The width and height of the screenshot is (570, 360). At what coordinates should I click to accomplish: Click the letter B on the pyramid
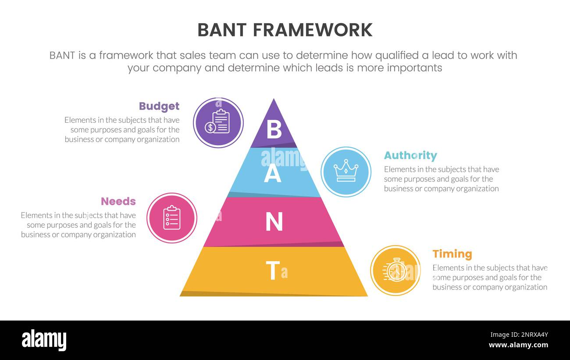[274, 130]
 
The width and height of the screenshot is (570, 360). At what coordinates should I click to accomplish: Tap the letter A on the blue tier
[272, 175]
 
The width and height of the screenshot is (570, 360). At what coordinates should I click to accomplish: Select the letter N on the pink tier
[274, 222]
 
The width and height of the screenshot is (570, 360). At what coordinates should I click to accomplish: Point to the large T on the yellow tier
[272, 271]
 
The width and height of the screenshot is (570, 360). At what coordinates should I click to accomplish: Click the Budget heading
[159, 106]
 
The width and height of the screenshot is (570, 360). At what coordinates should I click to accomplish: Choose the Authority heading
[410, 156]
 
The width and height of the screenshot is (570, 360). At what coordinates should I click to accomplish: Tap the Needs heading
[118, 201]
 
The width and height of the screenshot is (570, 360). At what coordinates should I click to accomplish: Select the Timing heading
[452, 254]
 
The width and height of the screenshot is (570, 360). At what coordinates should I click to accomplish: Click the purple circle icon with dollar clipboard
[218, 123]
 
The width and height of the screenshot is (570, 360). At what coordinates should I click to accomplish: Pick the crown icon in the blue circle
[346, 171]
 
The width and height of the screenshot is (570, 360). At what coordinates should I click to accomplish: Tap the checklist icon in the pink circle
[172, 218]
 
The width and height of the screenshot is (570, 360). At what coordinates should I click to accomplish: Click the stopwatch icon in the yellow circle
[395, 271]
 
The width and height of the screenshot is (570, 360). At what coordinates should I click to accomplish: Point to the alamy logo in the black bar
[44, 340]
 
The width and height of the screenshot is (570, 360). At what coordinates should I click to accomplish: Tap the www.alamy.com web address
[518, 345]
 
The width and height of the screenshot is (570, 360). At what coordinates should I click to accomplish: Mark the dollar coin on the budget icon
[210, 128]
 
